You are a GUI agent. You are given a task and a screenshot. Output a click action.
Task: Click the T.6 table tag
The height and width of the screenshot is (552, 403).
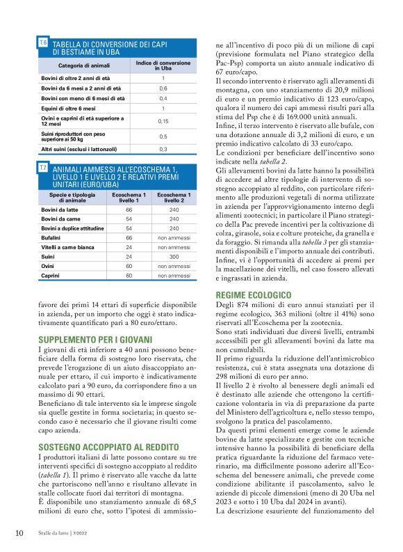click(42, 43)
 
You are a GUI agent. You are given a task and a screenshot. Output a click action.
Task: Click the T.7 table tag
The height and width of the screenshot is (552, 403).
click(42, 168)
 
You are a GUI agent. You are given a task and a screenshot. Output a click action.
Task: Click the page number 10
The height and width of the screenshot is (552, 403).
click(19, 533)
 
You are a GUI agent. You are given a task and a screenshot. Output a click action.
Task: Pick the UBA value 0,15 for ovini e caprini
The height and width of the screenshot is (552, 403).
click(163, 121)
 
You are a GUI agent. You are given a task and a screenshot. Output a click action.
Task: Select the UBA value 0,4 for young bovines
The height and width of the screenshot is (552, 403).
click(163, 99)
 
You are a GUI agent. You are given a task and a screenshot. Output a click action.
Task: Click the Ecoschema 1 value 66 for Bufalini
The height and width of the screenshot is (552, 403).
click(129, 237)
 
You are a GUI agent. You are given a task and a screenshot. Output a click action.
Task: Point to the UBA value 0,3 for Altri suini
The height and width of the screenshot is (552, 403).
click(163, 149)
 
